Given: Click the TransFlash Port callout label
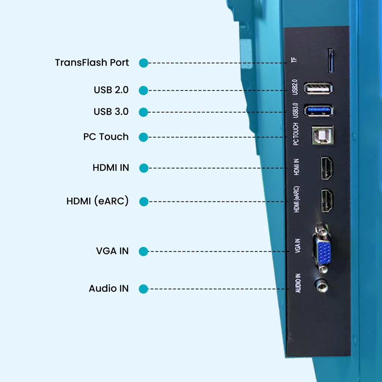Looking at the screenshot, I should point(92,62).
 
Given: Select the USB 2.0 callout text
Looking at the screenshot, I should point(111,90).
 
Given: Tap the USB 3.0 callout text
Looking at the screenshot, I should point(111,112).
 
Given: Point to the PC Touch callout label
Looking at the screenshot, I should point(106,137).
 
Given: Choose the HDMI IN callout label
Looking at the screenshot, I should point(111,168).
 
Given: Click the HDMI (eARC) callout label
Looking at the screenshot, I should point(97,201).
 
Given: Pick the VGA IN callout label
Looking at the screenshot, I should point(112,251).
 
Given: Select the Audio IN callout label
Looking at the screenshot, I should point(109,288).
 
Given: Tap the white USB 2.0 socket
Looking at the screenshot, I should point(318,89).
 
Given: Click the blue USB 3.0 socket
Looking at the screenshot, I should point(318,110).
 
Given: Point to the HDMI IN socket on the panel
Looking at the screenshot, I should point(327,168).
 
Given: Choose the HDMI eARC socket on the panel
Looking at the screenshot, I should point(327,201).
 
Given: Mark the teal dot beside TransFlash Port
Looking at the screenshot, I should point(144,63).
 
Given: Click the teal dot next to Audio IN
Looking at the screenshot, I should point(143,289).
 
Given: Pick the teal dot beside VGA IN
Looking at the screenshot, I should point(144,251).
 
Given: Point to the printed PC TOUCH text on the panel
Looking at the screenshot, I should point(296,134).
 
